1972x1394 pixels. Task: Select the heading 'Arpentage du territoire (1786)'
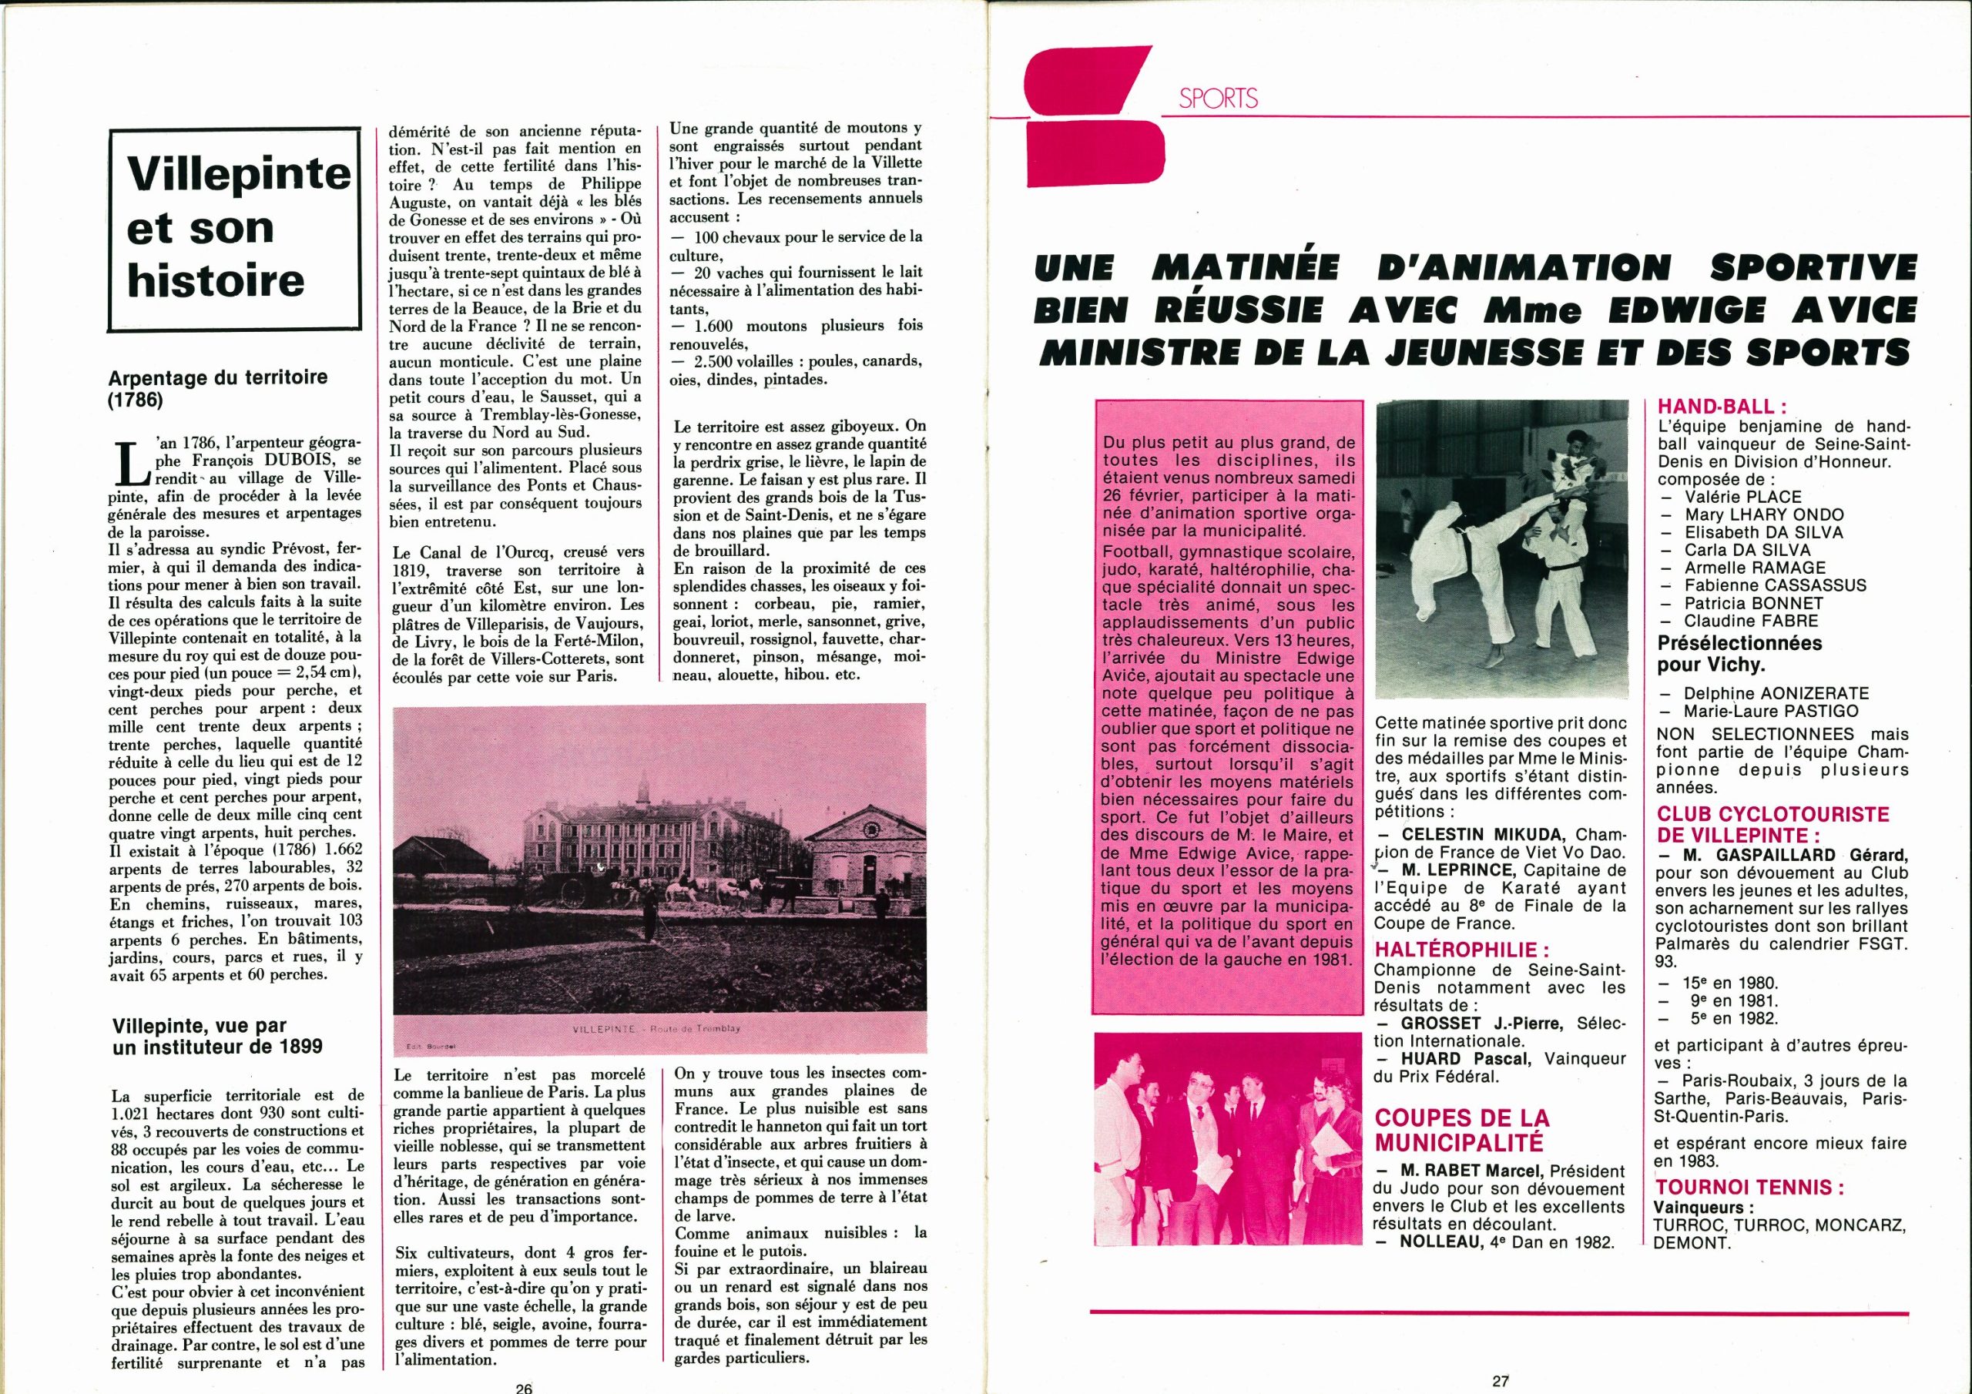coord(218,387)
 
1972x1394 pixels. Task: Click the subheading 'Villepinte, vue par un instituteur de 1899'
coord(218,1035)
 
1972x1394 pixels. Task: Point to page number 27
coord(1500,1381)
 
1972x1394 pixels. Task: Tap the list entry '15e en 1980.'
coord(1731,984)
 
